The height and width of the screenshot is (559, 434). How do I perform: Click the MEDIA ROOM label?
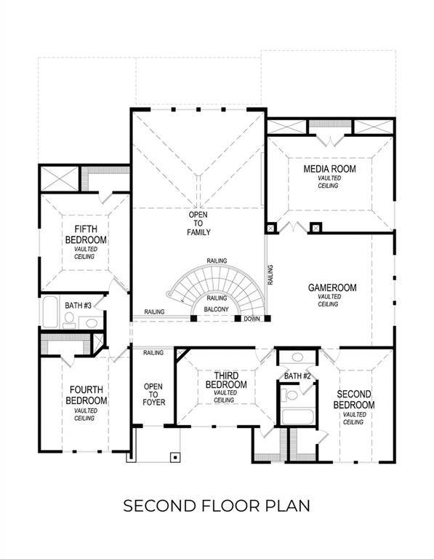tap(328, 170)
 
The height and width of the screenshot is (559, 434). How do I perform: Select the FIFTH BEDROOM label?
tap(86, 234)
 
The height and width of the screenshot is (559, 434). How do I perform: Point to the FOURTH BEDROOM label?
tap(86, 395)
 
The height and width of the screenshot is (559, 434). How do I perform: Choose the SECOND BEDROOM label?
tap(354, 400)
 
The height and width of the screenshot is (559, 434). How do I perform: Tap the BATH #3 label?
tap(78, 305)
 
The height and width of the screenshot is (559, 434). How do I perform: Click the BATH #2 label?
tap(298, 376)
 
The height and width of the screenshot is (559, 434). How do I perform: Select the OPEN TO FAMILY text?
tap(198, 224)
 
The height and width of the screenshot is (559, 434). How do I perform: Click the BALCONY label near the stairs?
tap(217, 310)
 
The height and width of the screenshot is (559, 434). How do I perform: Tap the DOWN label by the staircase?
tap(252, 319)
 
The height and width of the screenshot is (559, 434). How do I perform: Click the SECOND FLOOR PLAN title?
tap(217, 505)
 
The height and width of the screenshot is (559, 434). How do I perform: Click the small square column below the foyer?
tap(174, 457)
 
